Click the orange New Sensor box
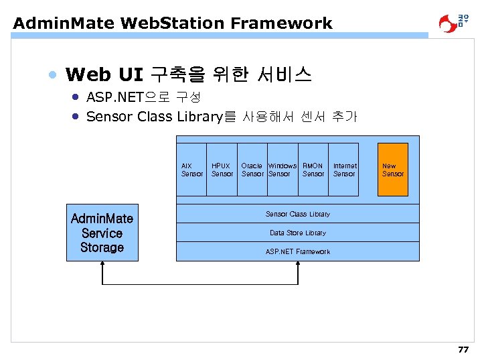(392, 170)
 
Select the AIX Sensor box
(191, 170)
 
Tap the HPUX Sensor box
(222, 170)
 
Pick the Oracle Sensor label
(252, 170)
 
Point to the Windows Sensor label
(282, 170)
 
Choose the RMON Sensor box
(313, 170)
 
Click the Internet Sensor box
(345, 170)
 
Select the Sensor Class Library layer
(297, 214)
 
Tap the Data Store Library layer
(297, 233)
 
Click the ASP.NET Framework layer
(297, 251)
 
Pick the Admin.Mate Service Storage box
(102, 233)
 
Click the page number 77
(463, 350)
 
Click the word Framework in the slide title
(281, 23)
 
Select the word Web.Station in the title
(173, 23)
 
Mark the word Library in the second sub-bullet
(199, 117)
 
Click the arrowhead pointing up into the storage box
(102, 264)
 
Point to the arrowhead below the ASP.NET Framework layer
(297, 264)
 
